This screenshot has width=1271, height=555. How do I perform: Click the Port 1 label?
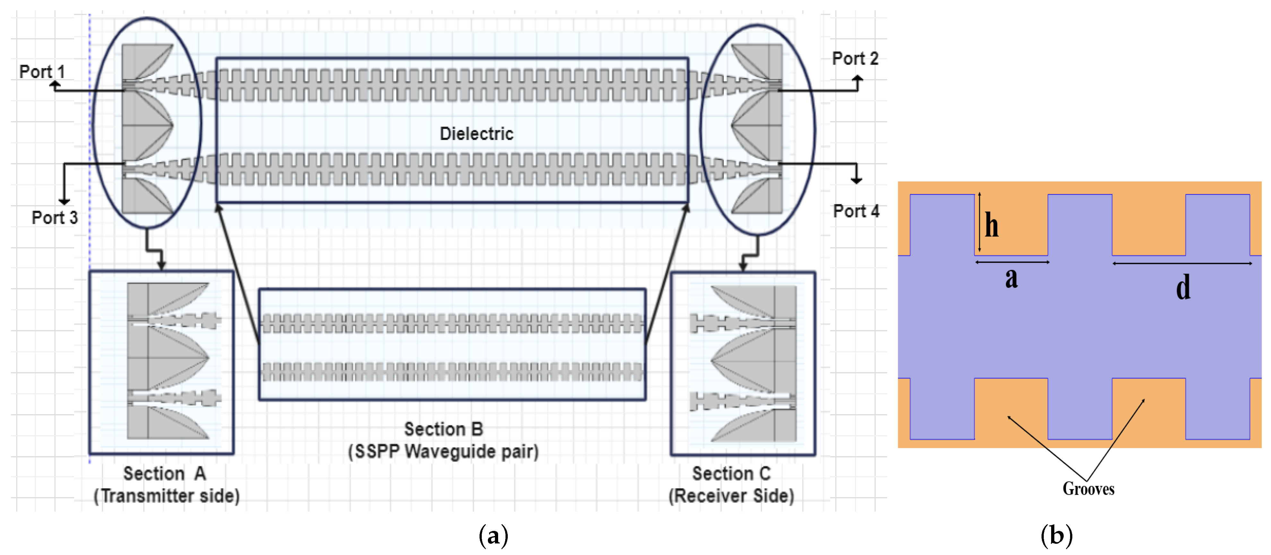pos(42,72)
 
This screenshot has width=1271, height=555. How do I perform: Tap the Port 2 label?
pos(855,59)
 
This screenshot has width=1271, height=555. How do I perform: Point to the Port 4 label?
pos(856,211)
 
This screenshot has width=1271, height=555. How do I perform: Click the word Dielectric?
pos(476,134)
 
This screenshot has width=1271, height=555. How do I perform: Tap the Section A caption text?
pos(164,473)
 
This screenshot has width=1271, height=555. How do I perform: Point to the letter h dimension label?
pos(991,225)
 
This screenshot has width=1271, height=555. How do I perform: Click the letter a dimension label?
pos(1011,278)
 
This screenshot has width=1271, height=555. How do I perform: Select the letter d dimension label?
pos(1183,287)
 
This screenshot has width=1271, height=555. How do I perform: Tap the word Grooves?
pos(1088,489)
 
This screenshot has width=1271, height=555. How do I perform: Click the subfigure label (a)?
pos(493,535)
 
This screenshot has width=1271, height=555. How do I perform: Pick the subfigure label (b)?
pos(1056,535)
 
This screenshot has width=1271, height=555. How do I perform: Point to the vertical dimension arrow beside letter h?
pos(979,222)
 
